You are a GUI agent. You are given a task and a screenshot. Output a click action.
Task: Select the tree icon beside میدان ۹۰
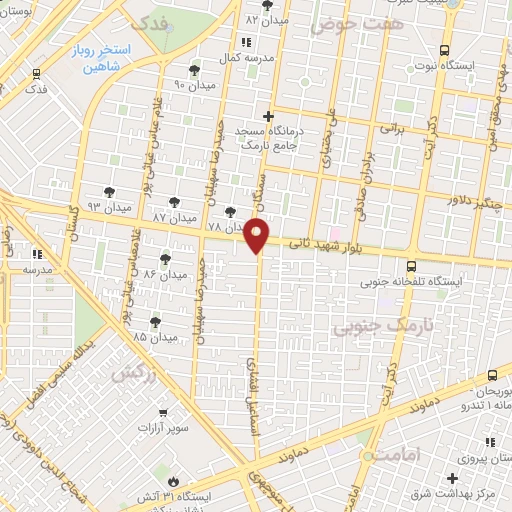point(194,70)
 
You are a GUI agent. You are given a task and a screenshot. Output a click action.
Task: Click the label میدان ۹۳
point(109,206)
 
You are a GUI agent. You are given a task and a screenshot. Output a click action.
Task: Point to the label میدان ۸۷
point(174,217)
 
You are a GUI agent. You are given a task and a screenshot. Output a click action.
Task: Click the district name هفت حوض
point(345,22)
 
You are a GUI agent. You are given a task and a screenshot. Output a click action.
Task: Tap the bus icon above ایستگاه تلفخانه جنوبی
point(412,266)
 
